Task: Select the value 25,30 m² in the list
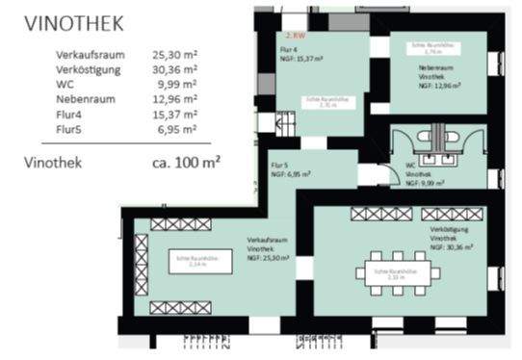(174, 55)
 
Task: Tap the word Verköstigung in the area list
(89, 69)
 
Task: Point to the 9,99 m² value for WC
(178, 84)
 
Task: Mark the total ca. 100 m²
(186, 162)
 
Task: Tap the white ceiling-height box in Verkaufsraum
(201, 261)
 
